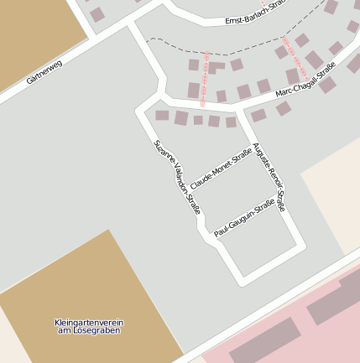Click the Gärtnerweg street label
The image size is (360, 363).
pyautogui.click(x=44, y=71)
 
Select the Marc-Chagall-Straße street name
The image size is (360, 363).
pyautogui.click(x=305, y=78)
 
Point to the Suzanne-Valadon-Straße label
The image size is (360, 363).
pyautogui.click(x=177, y=176)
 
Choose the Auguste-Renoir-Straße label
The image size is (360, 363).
pyautogui.click(x=269, y=177)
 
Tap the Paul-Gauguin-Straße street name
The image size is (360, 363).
pyautogui.click(x=244, y=217)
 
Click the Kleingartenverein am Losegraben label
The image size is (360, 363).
pyautogui.click(x=88, y=326)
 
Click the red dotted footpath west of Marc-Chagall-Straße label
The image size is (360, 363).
pyautogui.click(x=204, y=80)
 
